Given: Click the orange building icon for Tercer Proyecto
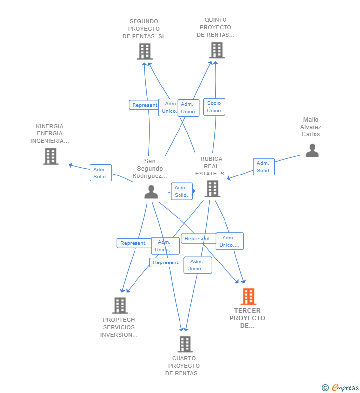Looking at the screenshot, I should [x=248, y=297].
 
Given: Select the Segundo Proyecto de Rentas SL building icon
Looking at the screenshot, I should [x=145, y=51].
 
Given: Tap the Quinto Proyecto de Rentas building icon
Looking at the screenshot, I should [x=217, y=50].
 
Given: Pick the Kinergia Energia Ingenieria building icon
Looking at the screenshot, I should [x=50, y=156].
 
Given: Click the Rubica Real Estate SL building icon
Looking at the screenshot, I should [x=212, y=188].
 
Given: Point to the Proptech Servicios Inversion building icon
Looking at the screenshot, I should [x=120, y=306].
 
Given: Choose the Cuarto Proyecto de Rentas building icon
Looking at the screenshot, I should [x=184, y=344].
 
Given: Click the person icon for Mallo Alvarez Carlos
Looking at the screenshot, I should [x=312, y=150].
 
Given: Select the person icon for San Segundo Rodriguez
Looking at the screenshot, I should [x=151, y=191].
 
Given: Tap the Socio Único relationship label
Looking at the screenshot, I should [x=214, y=107].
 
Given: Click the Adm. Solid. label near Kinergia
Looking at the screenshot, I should [x=100, y=173].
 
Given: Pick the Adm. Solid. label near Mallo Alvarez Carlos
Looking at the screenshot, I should [x=263, y=167].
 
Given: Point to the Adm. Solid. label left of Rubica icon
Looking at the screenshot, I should [x=181, y=191].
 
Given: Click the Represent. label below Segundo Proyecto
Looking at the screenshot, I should [x=144, y=105].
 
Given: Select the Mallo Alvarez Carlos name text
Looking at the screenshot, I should [x=311, y=127].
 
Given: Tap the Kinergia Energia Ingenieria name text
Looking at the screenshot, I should [x=49, y=133].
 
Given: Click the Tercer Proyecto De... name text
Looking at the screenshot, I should [x=247, y=318].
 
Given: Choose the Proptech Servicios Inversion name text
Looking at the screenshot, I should [x=119, y=327].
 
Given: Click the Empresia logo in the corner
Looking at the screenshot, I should [x=345, y=387].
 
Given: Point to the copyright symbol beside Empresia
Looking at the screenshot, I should [x=325, y=388].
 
